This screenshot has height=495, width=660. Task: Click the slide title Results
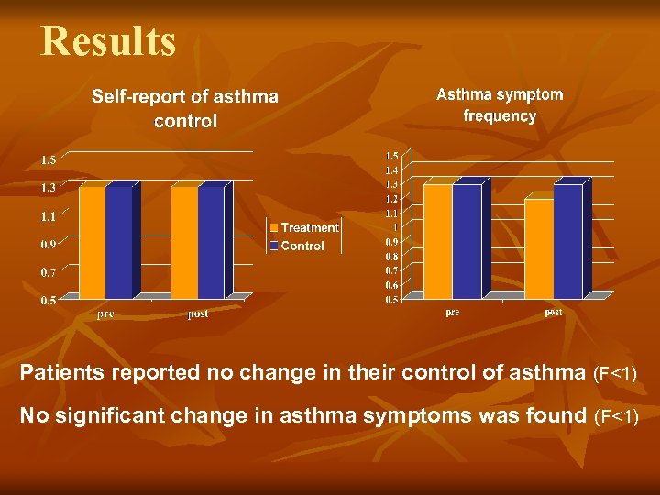click(x=108, y=41)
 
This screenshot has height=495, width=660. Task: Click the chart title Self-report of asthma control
click(x=184, y=108)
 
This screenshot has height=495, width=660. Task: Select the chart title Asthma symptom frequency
click(x=500, y=104)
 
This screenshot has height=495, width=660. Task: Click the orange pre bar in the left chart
click(x=92, y=243)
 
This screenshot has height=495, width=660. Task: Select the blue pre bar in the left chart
click(x=119, y=243)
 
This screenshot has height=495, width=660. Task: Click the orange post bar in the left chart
click(x=183, y=243)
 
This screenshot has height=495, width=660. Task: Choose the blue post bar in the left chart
click(x=211, y=243)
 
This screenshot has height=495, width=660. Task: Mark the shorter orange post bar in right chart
click(x=538, y=248)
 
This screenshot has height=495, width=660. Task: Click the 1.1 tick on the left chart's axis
click(x=48, y=216)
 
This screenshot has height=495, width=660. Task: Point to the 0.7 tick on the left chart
click(x=48, y=272)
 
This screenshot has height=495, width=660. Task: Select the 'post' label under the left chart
click(x=197, y=313)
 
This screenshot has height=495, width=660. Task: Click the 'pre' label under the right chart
click(x=452, y=313)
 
